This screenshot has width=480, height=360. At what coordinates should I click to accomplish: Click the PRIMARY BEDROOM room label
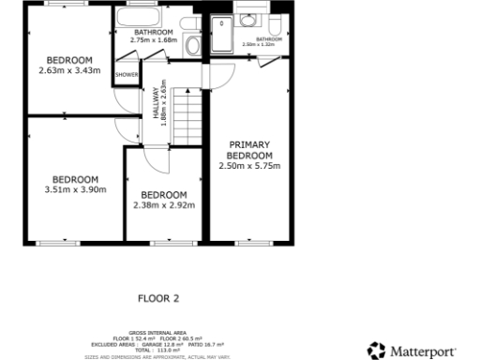click(x=251, y=149)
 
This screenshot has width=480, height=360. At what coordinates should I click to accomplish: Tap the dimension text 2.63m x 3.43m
click(x=67, y=70)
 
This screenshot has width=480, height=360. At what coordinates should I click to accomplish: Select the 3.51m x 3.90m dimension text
click(x=75, y=188)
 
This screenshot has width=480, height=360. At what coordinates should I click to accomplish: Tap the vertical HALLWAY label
click(x=156, y=103)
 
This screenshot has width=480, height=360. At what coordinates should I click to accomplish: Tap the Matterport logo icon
click(x=376, y=351)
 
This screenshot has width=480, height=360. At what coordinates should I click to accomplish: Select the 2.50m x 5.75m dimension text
click(x=251, y=166)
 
